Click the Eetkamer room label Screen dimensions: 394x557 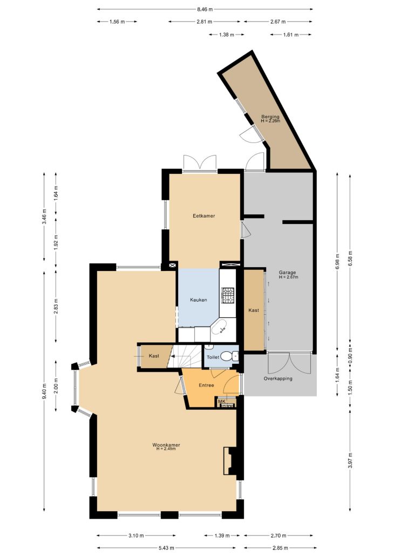pos(203,216)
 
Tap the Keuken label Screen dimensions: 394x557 pos(198,300)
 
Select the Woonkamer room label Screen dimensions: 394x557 pos(166,445)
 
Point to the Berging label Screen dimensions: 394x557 pos(270,117)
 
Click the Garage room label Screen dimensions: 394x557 pos(287,273)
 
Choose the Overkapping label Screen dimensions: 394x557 pos(278,379)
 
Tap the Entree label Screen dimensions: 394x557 pos(206,385)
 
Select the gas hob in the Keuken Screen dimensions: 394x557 pos(228,295)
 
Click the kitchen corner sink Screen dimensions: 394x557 pos(221,328)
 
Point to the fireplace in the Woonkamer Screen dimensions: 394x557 pos(229,461)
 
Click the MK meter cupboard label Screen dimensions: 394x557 pos(222,402)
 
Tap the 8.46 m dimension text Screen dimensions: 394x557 pos(205,9)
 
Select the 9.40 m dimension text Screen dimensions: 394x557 pos(44,391)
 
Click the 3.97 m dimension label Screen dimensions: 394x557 pos(350,460)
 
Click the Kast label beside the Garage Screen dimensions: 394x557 pos(254,310)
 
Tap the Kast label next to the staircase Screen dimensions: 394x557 pos(154,356)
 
